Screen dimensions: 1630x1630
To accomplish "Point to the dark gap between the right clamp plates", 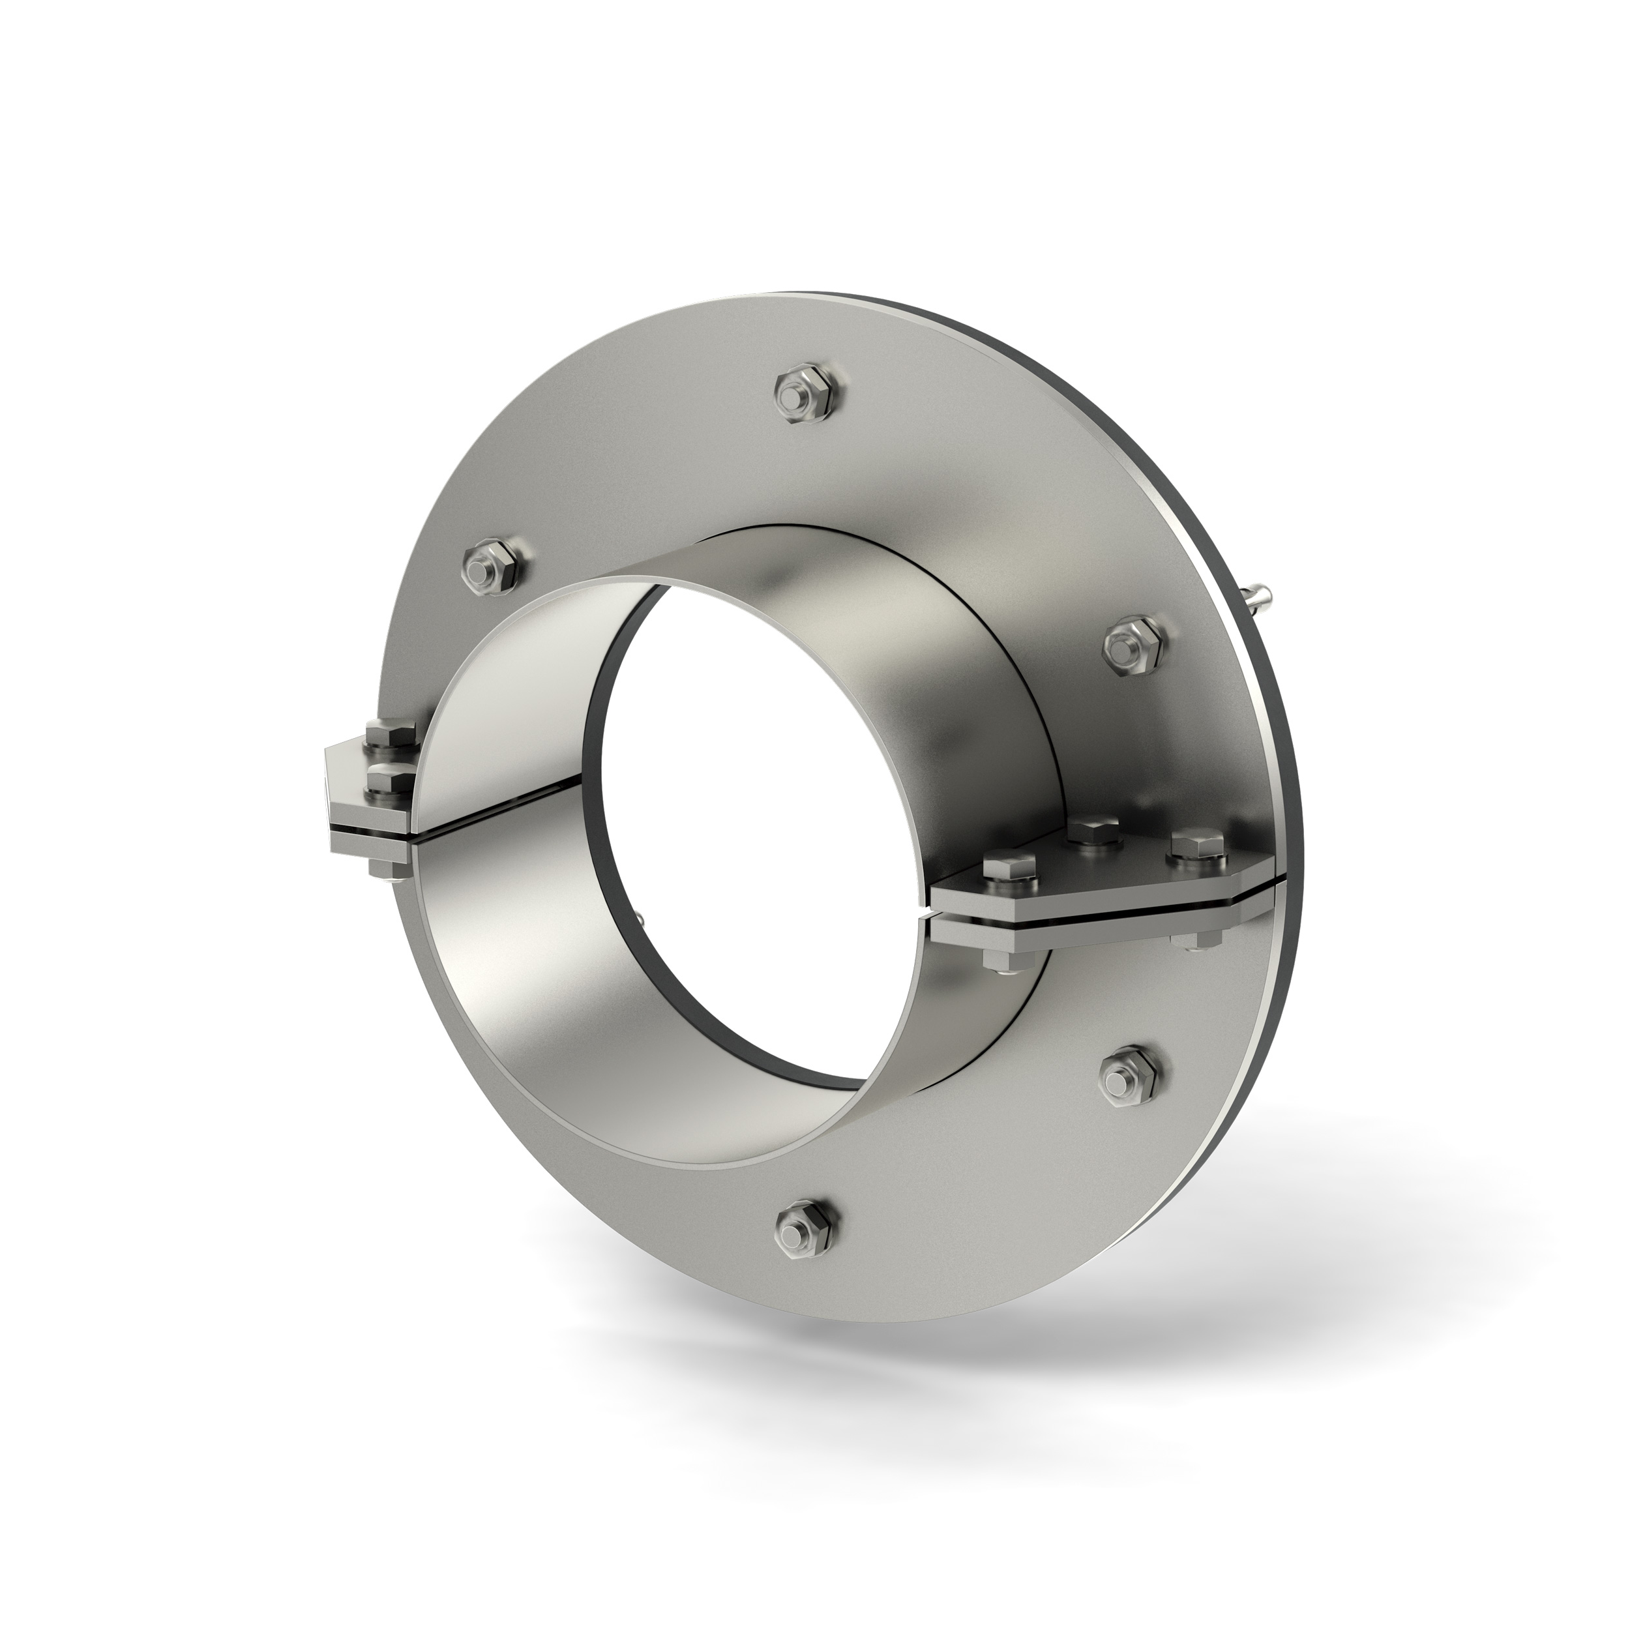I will [x=1097, y=917].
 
